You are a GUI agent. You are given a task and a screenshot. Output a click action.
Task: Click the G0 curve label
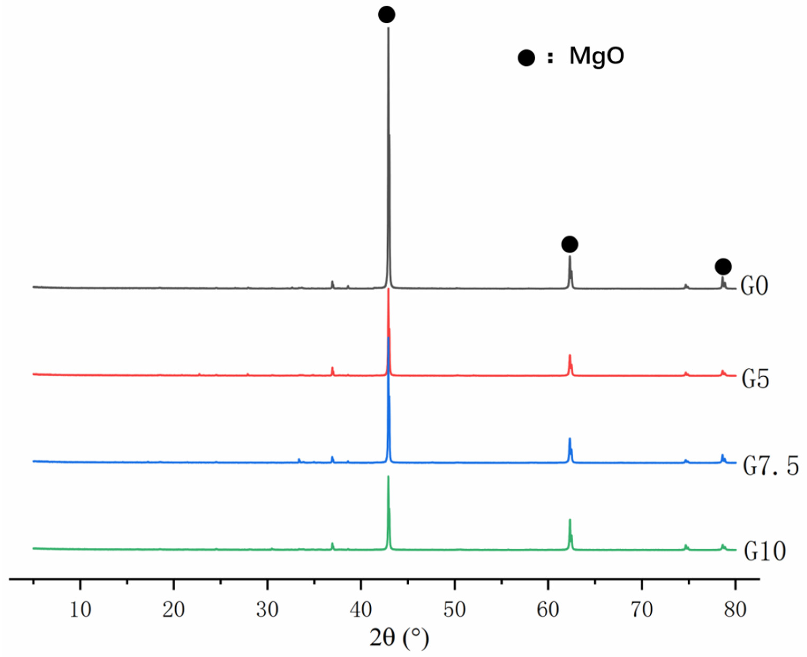coord(754,287)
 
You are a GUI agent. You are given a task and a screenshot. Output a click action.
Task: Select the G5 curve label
coord(755,380)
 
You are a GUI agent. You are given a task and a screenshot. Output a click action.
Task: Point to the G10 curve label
coord(765,552)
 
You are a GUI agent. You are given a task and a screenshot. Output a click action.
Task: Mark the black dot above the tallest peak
coord(387,15)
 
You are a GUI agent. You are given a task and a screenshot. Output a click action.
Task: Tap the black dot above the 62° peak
coord(570,244)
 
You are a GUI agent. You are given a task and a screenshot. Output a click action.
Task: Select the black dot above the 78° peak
coord(723,267)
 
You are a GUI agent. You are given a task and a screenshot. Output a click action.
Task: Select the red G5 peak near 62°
coord(570,356)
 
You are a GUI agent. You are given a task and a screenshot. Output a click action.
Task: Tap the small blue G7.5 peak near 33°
coord(299,460)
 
